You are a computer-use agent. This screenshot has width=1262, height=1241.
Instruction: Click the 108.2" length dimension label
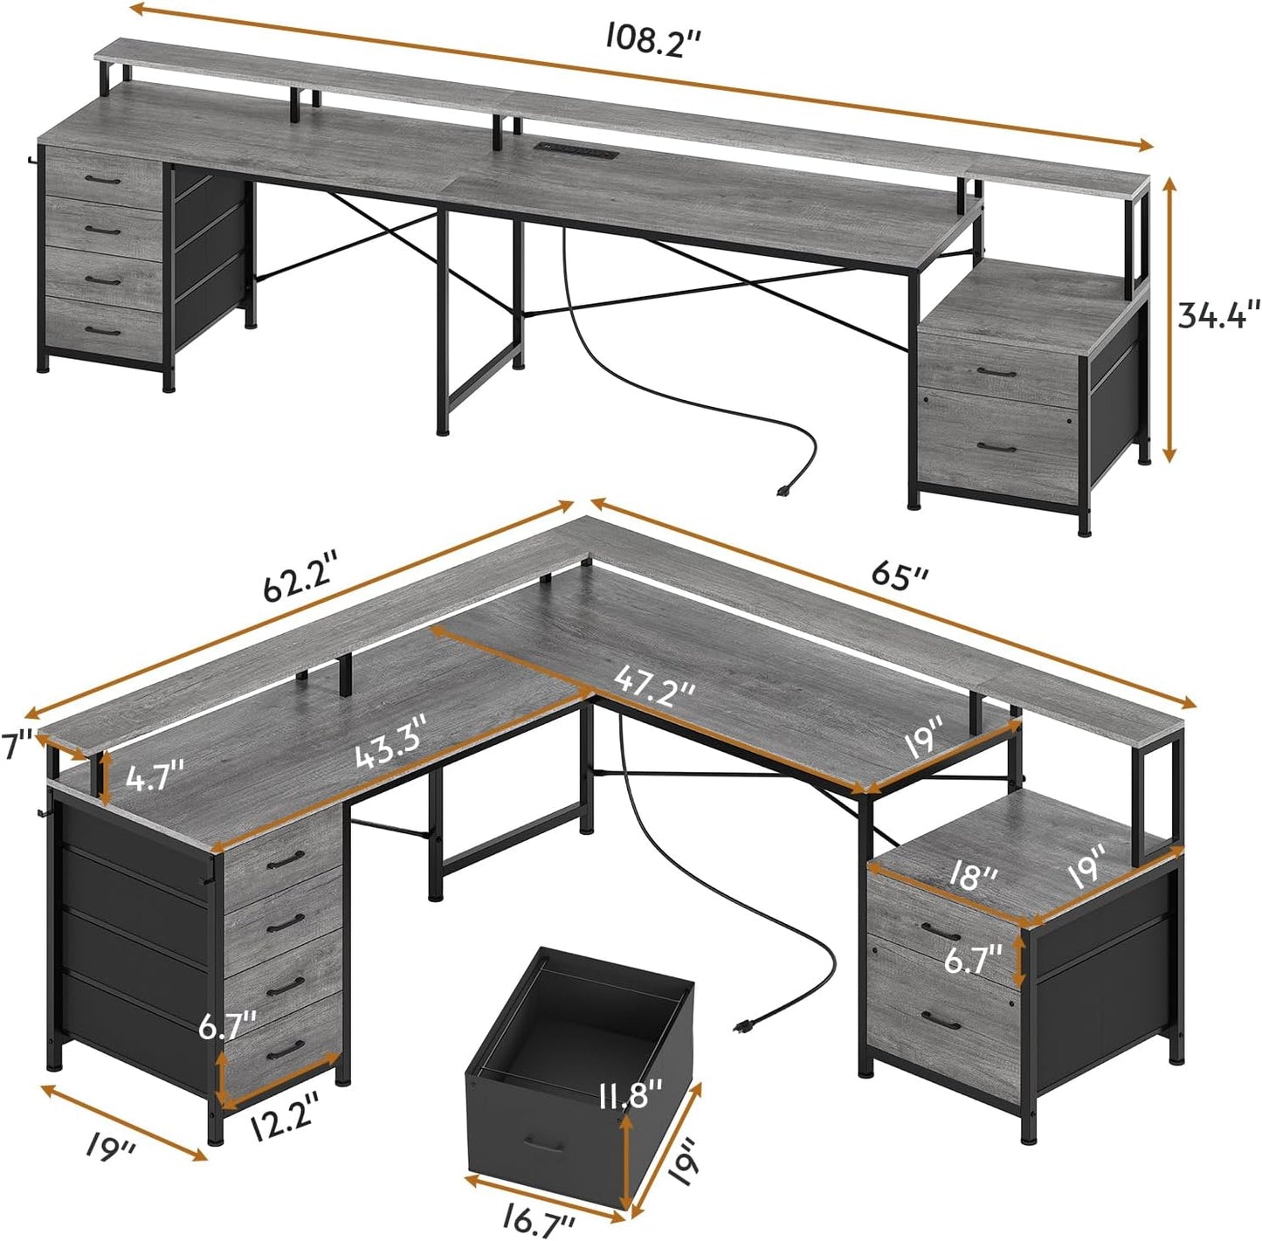point(655,39)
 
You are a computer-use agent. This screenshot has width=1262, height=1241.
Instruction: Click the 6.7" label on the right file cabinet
point(972,961)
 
